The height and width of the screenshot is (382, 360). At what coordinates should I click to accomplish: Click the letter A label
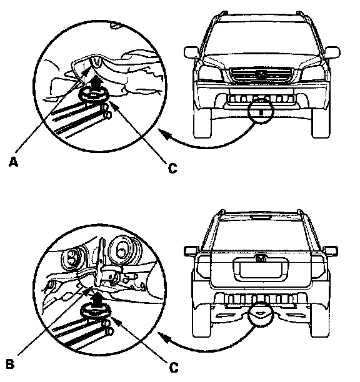tap(13, 162)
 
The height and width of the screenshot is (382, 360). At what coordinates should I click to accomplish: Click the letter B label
tap(10, 365)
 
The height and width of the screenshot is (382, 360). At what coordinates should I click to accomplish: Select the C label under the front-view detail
tap(172, 168)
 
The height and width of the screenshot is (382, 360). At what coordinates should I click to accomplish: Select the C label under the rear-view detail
tap(173, 368)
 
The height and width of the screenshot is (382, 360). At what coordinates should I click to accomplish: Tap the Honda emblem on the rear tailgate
tap(261, 258)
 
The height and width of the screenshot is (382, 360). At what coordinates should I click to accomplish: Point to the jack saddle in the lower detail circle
tap(96, 312)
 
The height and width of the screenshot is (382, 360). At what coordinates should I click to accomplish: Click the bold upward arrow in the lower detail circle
tap(97, 300)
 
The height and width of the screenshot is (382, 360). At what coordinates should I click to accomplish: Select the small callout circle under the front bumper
tap(261, 111)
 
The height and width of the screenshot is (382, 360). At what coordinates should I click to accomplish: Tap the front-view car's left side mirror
tap(191, 52)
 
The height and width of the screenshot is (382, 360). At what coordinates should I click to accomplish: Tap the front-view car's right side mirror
tap(332, 52)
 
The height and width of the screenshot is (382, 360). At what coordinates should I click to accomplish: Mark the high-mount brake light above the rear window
tap(261, 217)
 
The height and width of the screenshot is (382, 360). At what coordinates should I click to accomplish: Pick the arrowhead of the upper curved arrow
tap(164, 134)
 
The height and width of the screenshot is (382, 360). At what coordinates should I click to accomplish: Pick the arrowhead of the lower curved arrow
tap(164, 338)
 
